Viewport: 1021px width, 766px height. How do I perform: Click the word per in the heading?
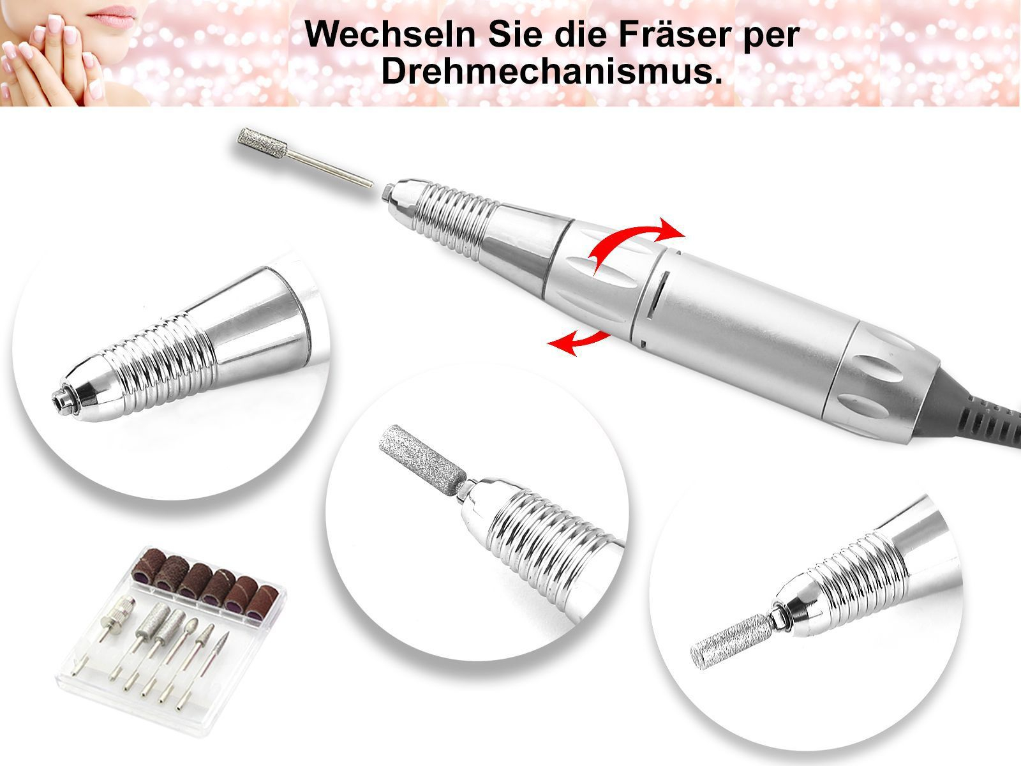(x=766, y=37)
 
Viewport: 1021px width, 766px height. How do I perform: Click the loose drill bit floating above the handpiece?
(x=304, y=156)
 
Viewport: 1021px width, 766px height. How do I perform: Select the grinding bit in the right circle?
(x=729, y=641)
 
